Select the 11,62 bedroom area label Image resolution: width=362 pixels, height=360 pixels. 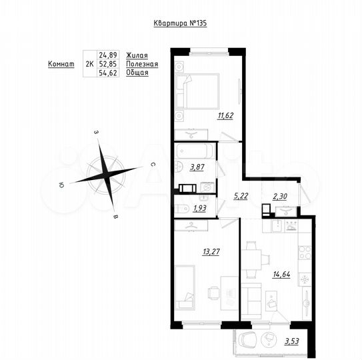[x=224, y=115]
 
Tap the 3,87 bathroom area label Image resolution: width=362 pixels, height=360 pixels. [x=197, y=167]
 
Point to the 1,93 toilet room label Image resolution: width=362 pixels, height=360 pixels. [x=199, y=209]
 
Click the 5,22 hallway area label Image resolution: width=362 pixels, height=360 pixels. [x=241, y=196]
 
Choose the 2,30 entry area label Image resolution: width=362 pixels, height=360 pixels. [x=281, y=196]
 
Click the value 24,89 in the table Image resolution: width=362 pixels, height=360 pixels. [x=107, y=55]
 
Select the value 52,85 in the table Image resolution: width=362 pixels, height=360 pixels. [x=107, y=64]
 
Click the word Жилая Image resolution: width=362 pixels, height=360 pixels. [x=136, y=55]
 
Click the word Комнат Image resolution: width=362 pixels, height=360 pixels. [x=61, y=64]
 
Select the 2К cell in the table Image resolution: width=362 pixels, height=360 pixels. [x=89, y=64]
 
